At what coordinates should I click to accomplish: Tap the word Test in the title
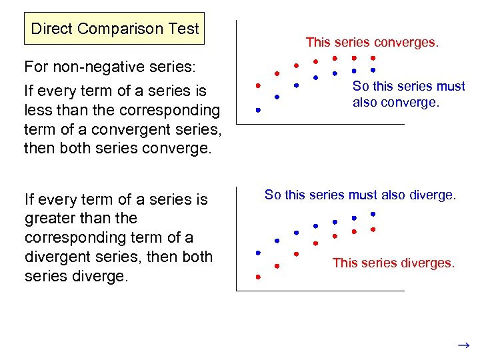184,29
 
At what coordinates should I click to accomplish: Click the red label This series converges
372,42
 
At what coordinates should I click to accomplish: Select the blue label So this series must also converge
409,94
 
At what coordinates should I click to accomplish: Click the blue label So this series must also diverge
360,195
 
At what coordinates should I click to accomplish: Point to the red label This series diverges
393,263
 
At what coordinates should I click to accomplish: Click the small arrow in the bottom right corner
463,345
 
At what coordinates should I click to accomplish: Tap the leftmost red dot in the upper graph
258,86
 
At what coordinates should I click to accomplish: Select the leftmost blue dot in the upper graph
258,110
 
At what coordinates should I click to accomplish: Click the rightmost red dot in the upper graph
373,58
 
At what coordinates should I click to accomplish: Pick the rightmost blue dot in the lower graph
373,214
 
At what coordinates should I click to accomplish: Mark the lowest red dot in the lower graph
258,276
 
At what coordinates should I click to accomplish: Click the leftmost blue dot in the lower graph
258,253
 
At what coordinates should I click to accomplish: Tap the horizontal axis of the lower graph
320,291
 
